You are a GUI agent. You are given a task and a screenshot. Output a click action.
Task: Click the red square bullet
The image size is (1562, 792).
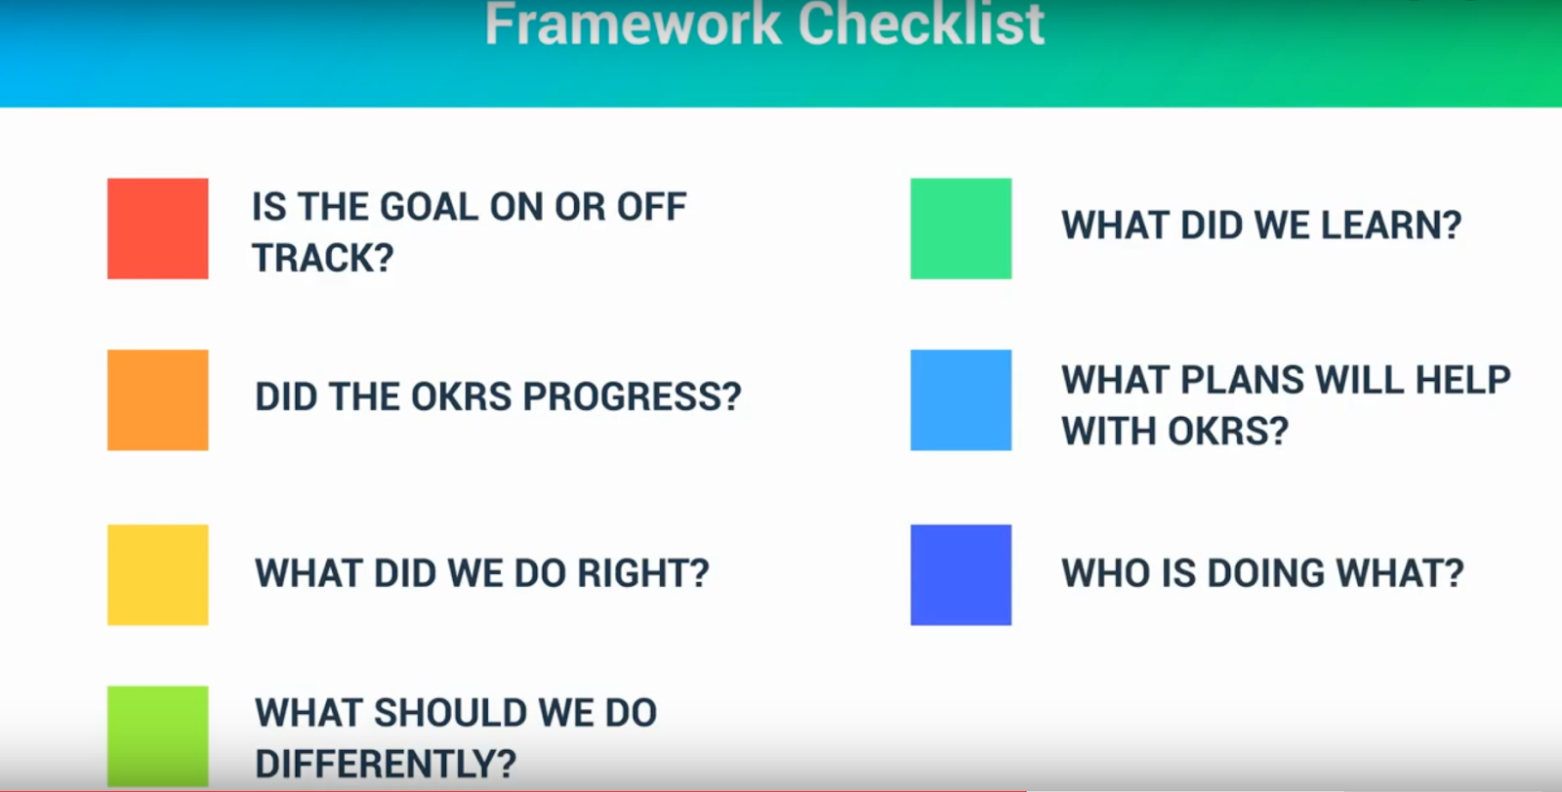157,229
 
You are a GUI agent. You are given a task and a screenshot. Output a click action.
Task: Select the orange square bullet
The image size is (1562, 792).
157,399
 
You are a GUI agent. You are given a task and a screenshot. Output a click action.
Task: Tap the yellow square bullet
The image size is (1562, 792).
157,575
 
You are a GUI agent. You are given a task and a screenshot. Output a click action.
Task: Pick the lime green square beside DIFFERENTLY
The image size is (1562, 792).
157,736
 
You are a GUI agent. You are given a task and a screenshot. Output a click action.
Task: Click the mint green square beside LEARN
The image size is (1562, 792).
961,229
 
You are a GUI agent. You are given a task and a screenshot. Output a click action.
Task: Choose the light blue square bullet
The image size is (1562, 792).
961,399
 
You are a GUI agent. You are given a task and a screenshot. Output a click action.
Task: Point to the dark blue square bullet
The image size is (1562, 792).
961,575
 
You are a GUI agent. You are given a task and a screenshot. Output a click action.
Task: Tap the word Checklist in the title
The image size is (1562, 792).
922,24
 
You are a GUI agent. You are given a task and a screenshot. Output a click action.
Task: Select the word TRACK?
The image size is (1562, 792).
323,258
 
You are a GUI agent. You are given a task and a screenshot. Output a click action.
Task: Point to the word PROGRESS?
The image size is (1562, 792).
632,396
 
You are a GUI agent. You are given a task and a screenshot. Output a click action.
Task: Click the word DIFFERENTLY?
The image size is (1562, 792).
386,764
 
